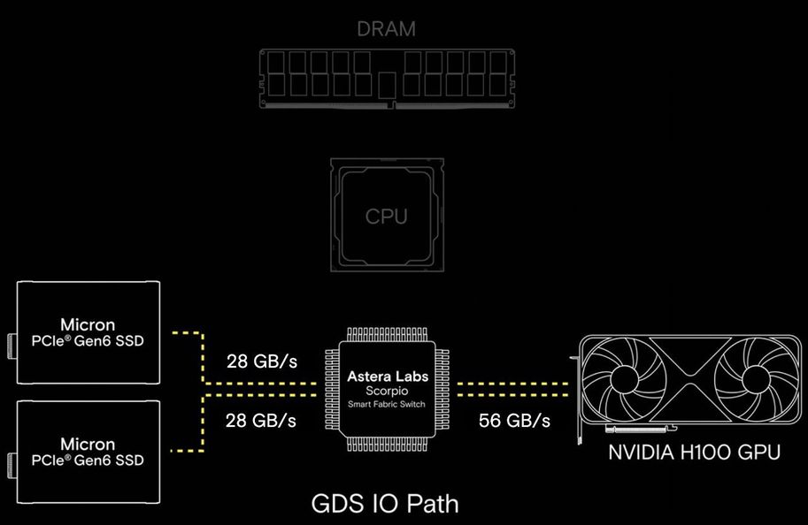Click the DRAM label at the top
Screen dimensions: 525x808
click(386, 29)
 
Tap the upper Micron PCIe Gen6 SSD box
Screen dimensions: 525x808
click(88, 332)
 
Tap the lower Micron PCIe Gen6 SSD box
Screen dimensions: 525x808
click(88, 451)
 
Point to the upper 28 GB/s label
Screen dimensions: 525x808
click(262, 363)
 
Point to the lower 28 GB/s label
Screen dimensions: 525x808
click(262, 420)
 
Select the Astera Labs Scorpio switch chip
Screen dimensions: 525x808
click(388, 390)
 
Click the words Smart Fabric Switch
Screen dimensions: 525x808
click(388, 404)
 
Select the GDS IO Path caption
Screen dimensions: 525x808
click(385, 503)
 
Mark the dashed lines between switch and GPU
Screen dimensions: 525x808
click(512, 390)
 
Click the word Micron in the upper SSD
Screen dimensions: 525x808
click(88, 324)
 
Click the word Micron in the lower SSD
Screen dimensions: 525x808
click(88, 444)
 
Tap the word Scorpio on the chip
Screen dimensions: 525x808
click(388, 390)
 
